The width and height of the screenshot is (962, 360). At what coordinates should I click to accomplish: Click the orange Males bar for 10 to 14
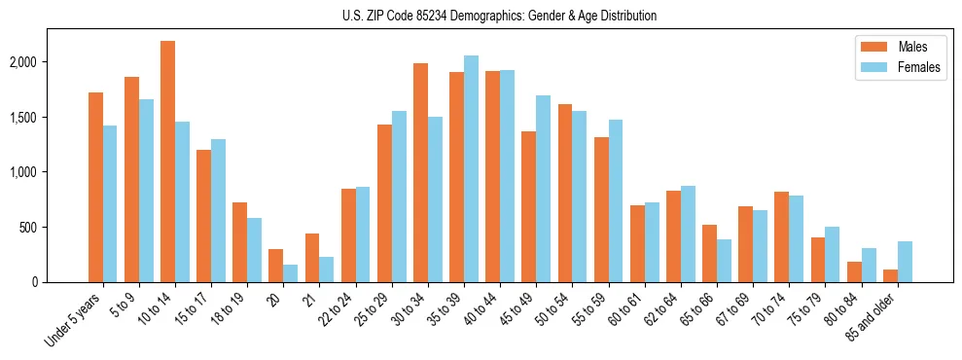pyautogui.click(x=167, y=162)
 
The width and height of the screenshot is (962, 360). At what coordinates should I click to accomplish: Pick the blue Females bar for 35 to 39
pyautogui.click(x=471, y=168)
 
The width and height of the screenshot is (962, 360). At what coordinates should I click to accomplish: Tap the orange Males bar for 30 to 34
pyautogui.click(x=420, y=172)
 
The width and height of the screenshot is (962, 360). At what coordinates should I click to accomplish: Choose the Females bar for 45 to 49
pyautogui.click(x=543, y=189)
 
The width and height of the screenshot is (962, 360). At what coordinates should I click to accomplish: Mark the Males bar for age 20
pyautogui.click(x=276, y=266)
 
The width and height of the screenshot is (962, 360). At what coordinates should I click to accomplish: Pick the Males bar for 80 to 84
pyautogui.click(x=854, y=271)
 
